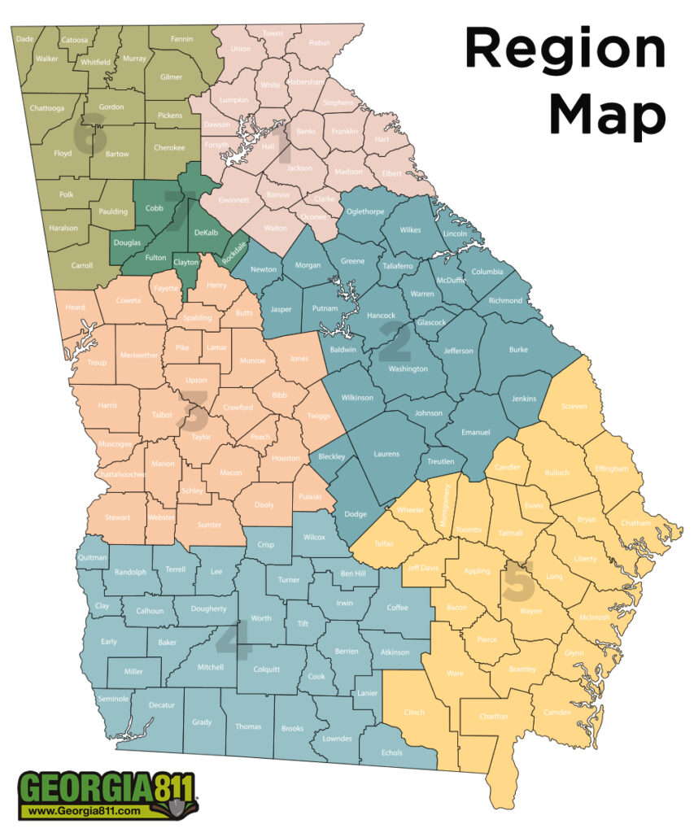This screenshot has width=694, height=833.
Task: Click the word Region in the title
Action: point(565,50)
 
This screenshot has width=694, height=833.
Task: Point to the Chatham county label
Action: point(635,522)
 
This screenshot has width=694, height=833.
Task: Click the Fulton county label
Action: point(155,257)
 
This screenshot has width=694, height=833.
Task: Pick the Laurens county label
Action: point(386,453)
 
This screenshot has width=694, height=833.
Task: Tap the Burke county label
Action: point(518,350)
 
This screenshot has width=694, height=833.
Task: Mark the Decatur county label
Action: point(162,704)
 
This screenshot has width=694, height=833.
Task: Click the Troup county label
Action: point(97,363)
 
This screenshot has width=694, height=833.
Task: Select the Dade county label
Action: point(25,38)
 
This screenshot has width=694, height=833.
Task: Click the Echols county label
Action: point(391,752)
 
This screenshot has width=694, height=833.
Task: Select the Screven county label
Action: point(574,406)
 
